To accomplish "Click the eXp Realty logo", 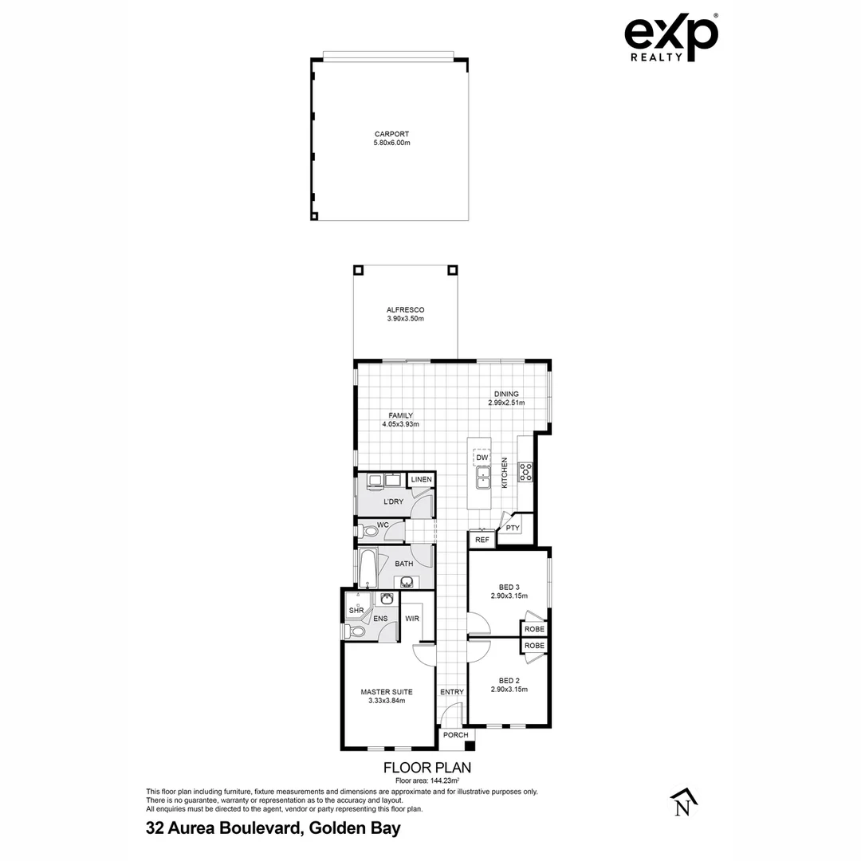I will [x=670, y=37].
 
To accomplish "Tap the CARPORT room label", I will [x=391, y=134].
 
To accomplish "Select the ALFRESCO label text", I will [x=405, y=310].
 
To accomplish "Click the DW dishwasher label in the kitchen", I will [x=482, y=458].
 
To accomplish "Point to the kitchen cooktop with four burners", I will [x=525, y=472].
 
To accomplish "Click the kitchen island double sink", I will [x=483, y=478].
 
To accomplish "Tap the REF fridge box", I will [x=482, y=540].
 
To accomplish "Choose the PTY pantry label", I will [x=513, y=528].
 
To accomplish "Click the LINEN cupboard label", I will [x=421, y=479].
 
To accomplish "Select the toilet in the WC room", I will [x=369, y=531].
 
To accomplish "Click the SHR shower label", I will [x=356, y=611].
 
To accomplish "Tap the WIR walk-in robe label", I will [x=412, y=619].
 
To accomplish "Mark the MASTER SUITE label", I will [x=387, y=692].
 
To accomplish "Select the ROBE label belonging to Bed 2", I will [x=534, y=645].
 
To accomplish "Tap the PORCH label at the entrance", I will [x=455, y=735].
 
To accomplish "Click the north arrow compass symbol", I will [x=682, y=804].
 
